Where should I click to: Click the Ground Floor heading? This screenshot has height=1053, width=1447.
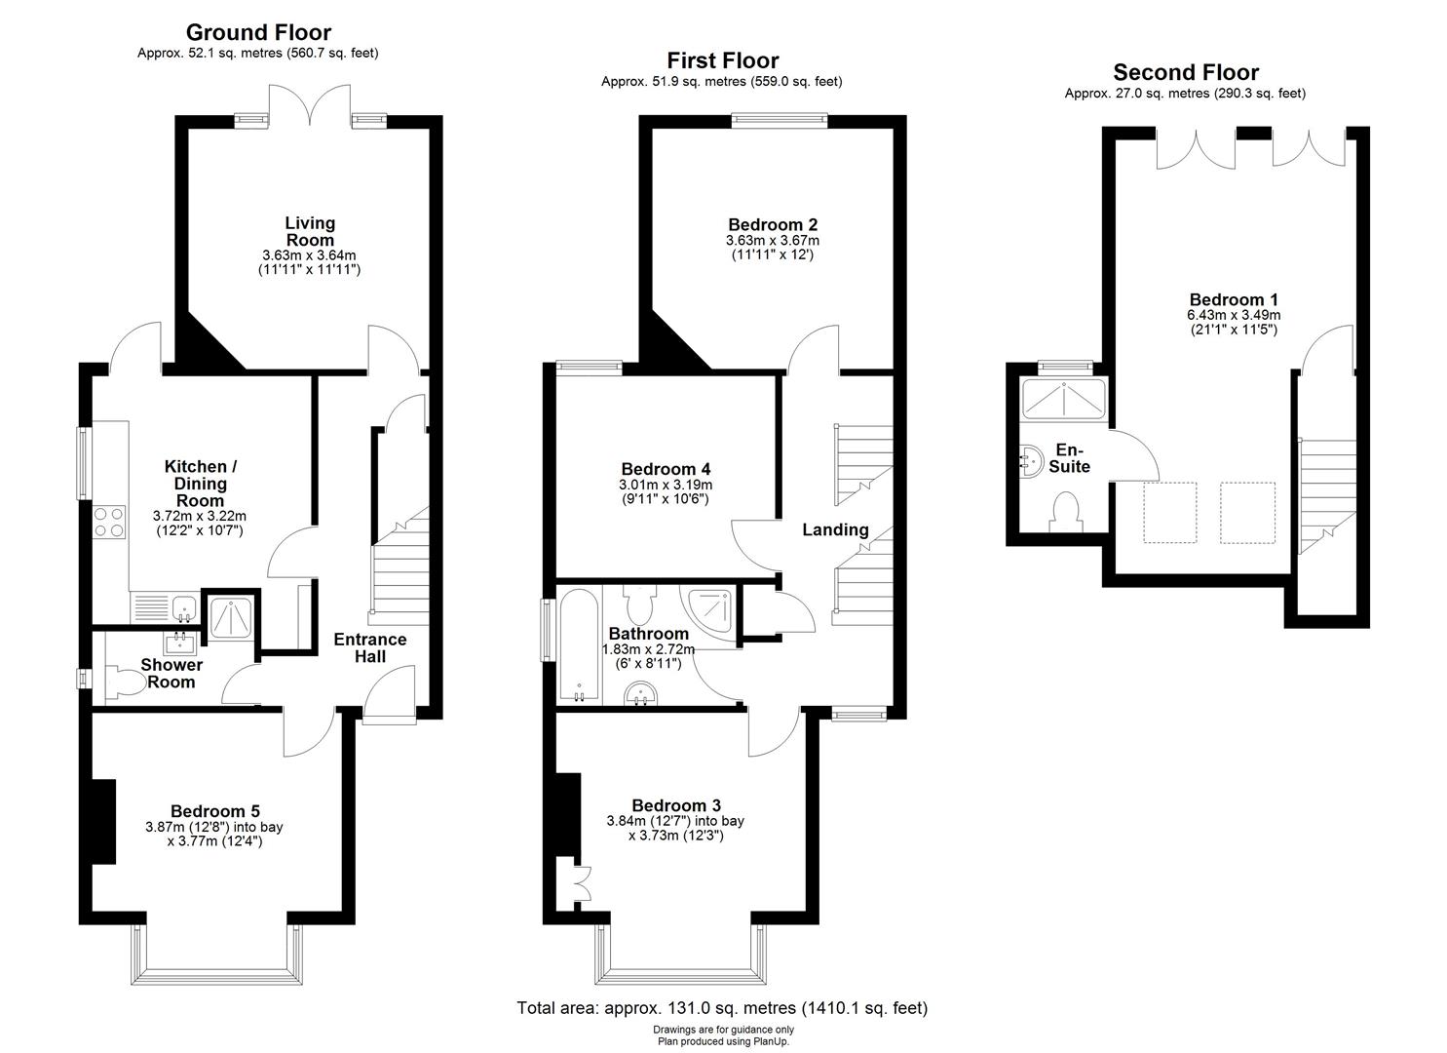click(258, 33)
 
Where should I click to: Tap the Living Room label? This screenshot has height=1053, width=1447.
click(310, 232)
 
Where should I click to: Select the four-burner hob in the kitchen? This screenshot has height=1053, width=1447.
click(109, 522)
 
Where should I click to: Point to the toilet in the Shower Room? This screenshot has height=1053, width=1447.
click(119, 682)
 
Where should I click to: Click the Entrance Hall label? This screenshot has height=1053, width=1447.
click(369, 648)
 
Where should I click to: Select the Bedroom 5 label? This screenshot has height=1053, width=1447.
click(214, 811)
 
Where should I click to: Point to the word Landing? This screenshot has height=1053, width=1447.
click(835, 530)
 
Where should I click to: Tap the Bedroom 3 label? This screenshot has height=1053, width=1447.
click(675, 805)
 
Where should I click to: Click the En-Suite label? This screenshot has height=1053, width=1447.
click(1069, 458)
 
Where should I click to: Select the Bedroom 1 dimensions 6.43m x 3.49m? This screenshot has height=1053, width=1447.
click(1233, 315)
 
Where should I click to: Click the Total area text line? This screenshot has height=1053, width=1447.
click(721, 1008)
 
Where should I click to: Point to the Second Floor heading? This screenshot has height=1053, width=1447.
click(1185, 73)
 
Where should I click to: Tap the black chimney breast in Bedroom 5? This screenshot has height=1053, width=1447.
click(103, 821)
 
